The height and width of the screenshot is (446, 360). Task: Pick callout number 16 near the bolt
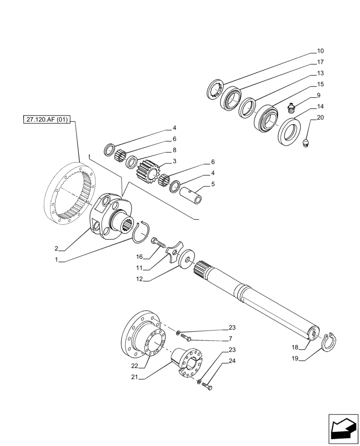pos(139,257)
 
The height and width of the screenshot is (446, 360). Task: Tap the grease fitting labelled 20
pos(306,144)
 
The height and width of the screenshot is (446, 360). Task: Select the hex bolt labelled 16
pos(158,243)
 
